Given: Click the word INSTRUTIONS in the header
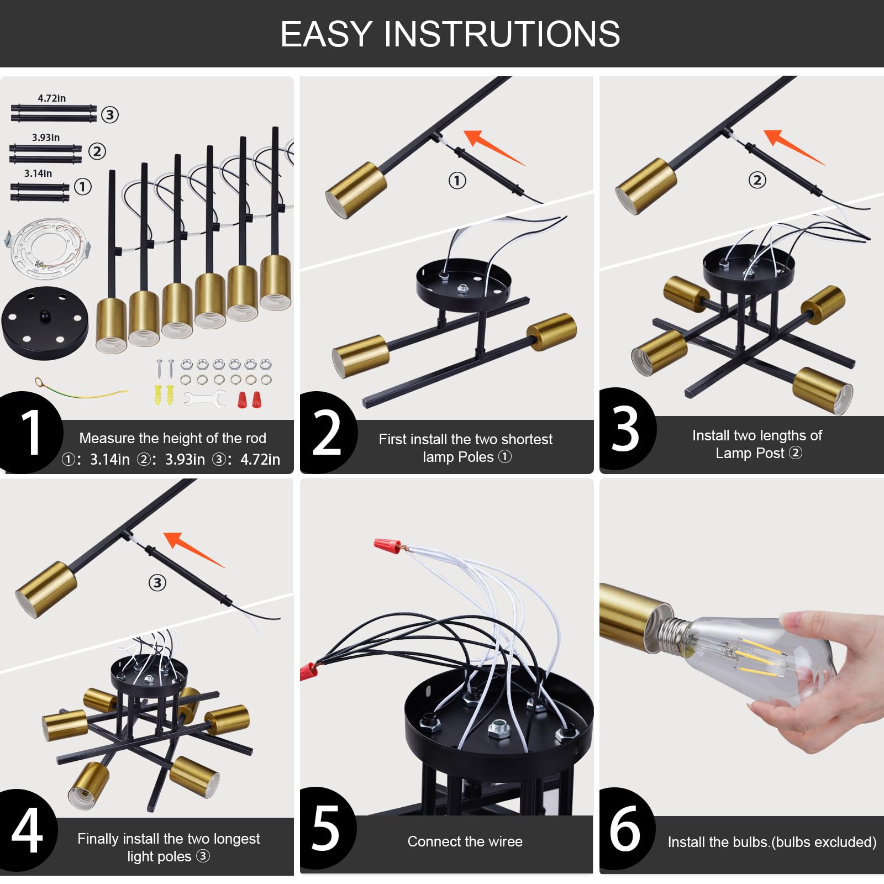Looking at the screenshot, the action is click(x=502, y=34).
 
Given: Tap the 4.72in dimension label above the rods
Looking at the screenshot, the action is click(x=51, y=98).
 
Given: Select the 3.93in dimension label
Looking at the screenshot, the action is click(x=46, y=138).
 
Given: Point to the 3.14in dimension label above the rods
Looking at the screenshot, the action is click(x=38, y=173).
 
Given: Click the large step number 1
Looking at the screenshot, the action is click(x=31, y=433).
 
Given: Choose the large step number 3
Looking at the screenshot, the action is click(x=625, y=429).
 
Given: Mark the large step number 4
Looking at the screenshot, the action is click(x=27, y=830).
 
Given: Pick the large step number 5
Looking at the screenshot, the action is click(x=326, y=828).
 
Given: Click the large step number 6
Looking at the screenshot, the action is click(x=625, y=828).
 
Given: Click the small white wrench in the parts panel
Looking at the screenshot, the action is click(x=204, y=398).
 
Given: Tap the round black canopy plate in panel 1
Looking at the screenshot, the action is click(x=45, y=323).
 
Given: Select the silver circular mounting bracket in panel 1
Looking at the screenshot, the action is click(x=49, y=246).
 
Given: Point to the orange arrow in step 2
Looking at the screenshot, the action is click(x=493, y=147).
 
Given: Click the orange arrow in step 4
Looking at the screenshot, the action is click(x=194, y=549).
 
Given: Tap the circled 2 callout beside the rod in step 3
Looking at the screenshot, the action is click(x=757, y=180).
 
